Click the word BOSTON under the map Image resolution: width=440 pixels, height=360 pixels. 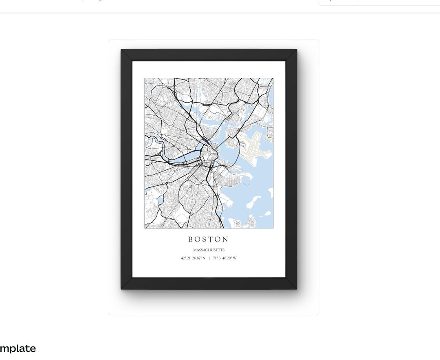208,239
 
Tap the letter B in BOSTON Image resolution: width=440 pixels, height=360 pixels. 191,239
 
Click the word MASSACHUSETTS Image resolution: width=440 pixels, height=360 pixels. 209,250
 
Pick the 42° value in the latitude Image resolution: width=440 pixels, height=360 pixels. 184,258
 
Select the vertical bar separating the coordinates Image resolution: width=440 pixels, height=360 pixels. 209,258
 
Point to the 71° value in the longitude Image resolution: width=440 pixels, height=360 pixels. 215,258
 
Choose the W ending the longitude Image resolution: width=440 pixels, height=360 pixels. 235,258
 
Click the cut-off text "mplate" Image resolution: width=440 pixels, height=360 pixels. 18,349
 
